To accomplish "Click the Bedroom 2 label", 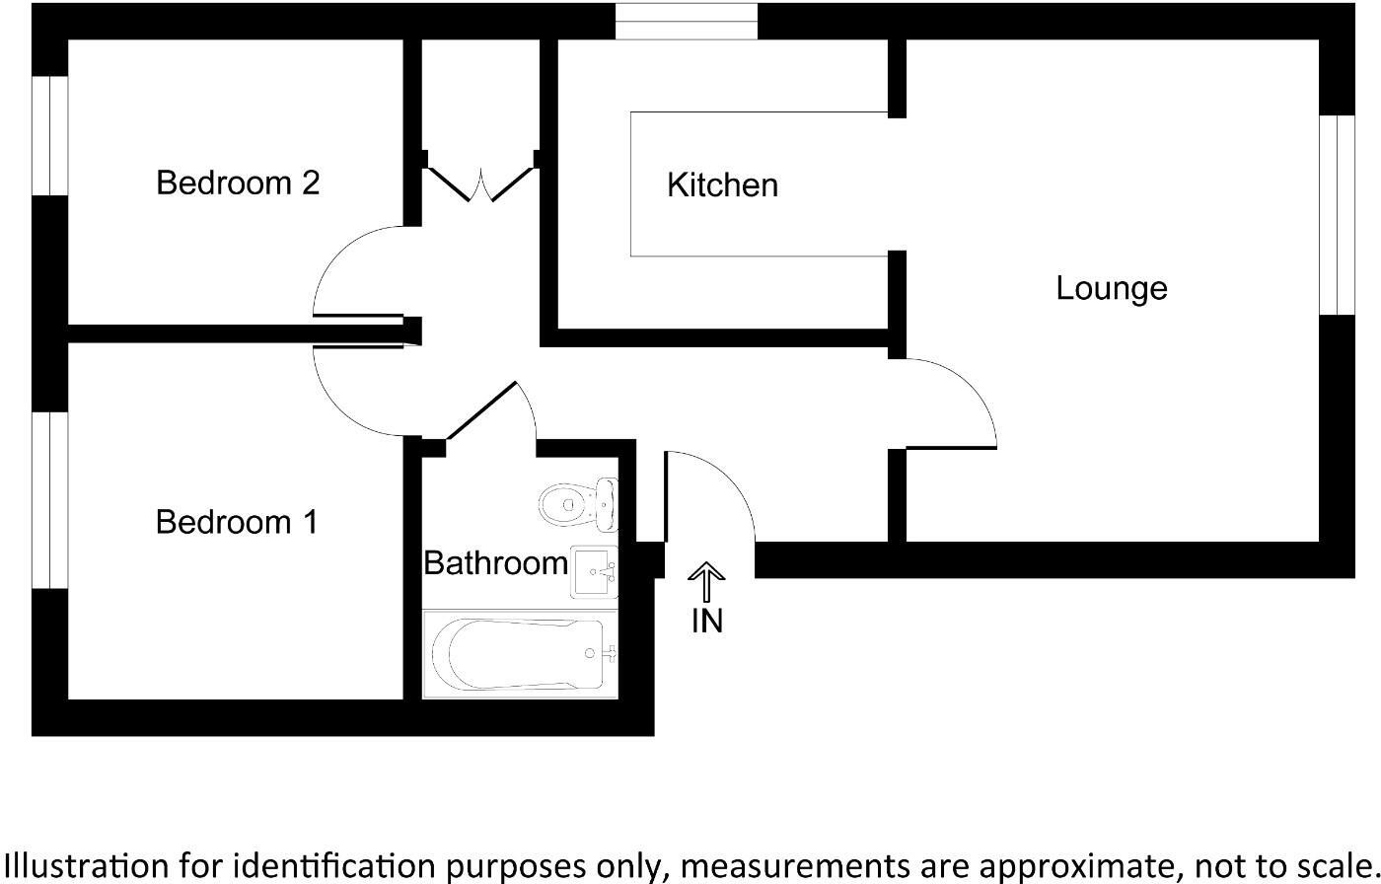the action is pos(238,184).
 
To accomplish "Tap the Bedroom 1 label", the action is pos(237,522).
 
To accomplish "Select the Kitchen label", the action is pos(722,185).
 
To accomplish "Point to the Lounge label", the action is pos(1112,288).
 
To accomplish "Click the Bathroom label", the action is pos(495,563).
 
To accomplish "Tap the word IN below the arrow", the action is pos(707,621).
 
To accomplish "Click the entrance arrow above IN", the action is pos(706,581).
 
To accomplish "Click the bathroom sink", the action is pos(594,571).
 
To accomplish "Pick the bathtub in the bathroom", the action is pos(520,654).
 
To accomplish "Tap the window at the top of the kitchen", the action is pos(687,22).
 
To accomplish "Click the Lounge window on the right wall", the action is pos(1338,215).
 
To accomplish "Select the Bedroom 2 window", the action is pos(49,135).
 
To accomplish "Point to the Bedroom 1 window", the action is pos(49,500).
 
